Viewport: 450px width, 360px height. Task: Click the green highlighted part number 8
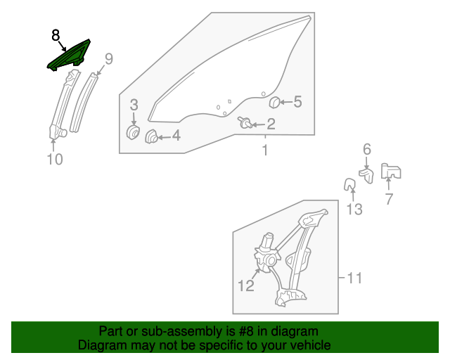(69, 56)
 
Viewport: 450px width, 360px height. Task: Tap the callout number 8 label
(56, 34)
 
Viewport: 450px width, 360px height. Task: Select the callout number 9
(108, 58)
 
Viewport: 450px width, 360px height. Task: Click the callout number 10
(55, 160)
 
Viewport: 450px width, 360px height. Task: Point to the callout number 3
(134, 105)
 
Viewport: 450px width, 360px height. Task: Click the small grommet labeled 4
(151, 136)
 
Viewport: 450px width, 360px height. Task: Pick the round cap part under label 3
(132, 132)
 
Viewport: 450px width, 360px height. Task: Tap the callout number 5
(297, 102)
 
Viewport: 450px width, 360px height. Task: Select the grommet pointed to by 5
(275, 103)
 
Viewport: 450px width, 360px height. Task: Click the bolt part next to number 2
(247, 123)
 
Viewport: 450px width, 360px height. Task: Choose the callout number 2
(270, 125)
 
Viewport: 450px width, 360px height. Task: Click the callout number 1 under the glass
(265, 150)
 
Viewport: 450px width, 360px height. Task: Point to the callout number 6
(366, 149)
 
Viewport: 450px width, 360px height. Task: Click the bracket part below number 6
(366, 173)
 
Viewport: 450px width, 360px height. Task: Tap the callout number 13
(354, 209)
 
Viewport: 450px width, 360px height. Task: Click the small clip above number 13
(349, 185)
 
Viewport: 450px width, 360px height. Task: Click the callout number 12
(245, 285)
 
